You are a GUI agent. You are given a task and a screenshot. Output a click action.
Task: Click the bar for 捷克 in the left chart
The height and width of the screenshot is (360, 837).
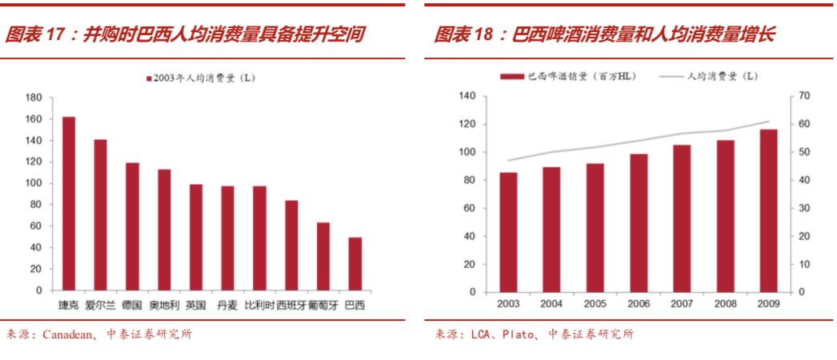(x=69, y=204)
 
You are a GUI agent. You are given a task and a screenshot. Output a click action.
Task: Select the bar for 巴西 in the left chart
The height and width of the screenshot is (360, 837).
(x=354, y=264)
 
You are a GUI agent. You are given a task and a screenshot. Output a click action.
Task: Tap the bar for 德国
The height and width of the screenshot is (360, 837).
(x=132, y=226)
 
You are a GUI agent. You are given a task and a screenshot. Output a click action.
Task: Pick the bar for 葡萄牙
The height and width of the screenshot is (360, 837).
(x=323, y=257)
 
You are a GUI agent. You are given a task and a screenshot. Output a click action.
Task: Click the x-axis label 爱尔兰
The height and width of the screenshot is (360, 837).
(x=100, y=306)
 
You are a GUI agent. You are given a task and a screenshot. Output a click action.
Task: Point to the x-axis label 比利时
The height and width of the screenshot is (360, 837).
(x=258, y=306)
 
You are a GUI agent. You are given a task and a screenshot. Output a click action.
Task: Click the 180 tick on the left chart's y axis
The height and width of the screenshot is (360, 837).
(x=34, y=98)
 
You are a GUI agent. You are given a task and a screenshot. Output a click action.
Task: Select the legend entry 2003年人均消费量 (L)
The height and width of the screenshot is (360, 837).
(x=203, y=78)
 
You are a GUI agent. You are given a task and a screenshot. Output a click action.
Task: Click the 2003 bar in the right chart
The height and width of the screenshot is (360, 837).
(x=508, y=232)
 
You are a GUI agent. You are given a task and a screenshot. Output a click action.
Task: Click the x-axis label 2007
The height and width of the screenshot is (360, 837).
(x=682, y=306)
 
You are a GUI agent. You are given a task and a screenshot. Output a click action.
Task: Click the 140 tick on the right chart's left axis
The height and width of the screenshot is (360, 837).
(x=467, y=96)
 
